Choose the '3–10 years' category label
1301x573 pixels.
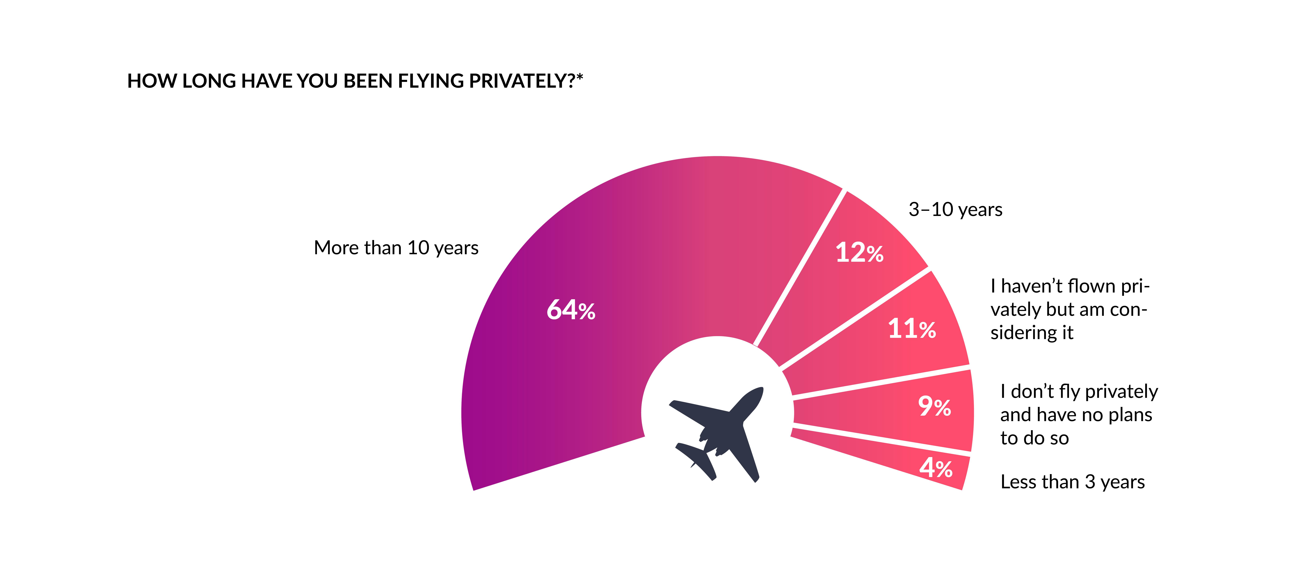tap(955, 209)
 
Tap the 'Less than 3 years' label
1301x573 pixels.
tap(1072, 482)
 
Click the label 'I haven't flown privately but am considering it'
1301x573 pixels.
tap(1069, 309)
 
